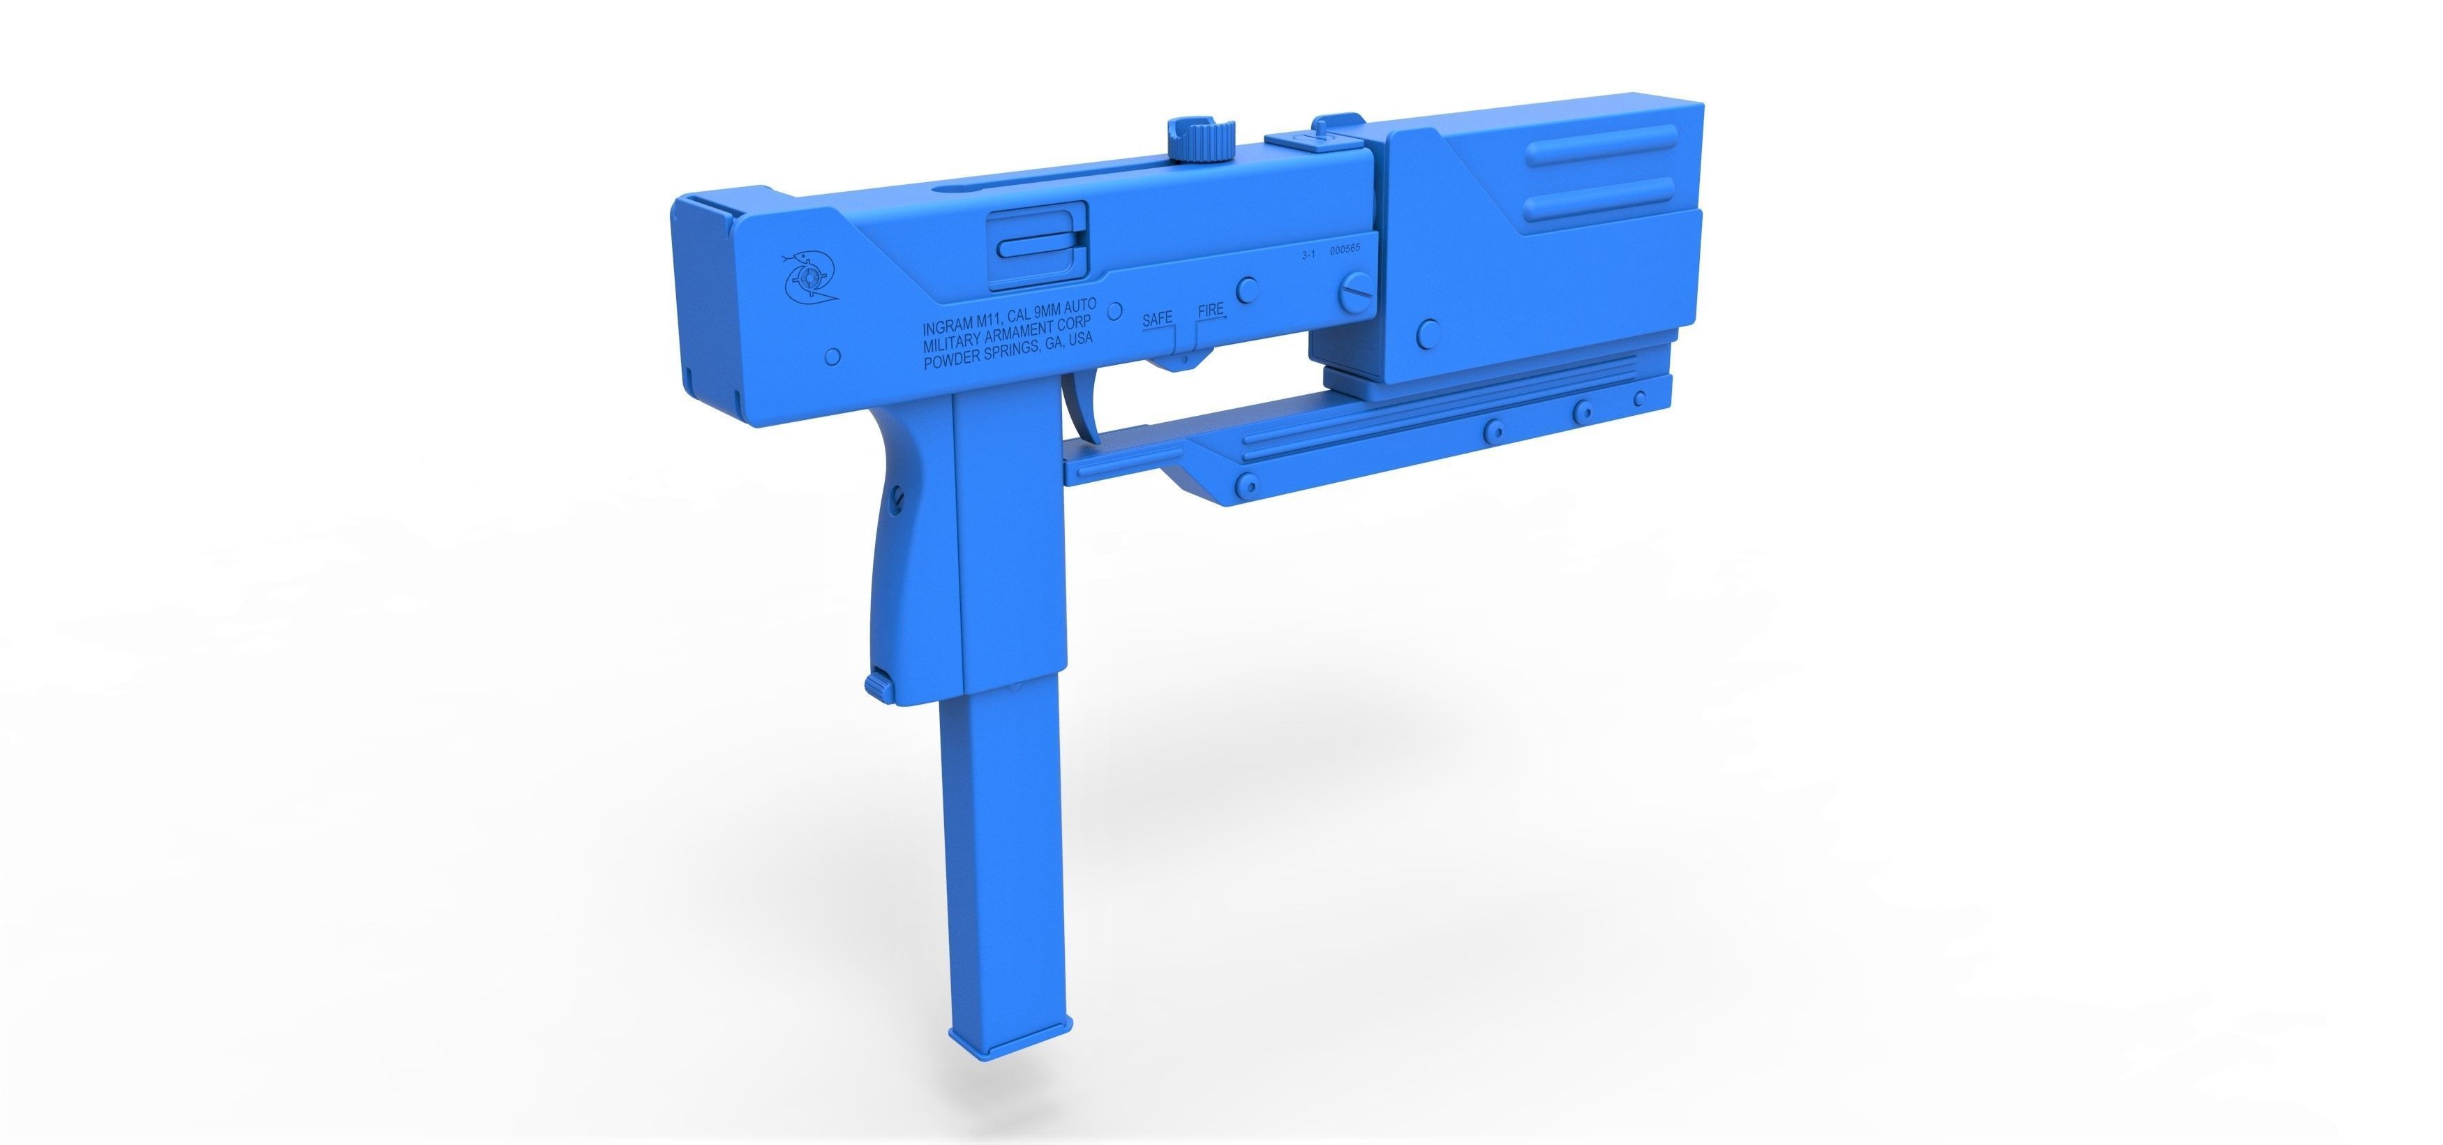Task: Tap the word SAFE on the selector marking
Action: coord(1157,319)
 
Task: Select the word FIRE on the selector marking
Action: coord(1211,310)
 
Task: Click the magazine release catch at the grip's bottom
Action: coord(879,685)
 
